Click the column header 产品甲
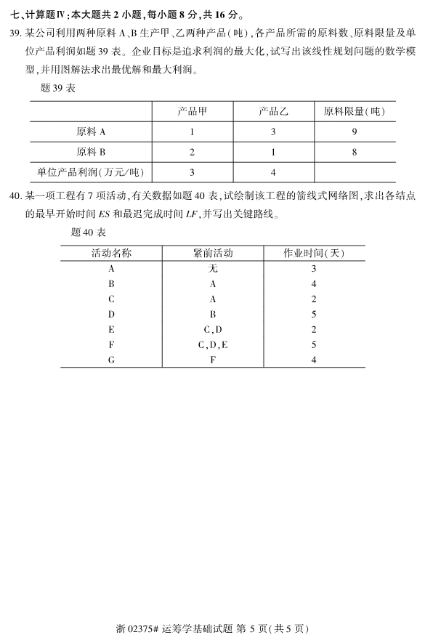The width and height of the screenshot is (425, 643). coord(192,112)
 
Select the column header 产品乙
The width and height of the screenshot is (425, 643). coord(274,112)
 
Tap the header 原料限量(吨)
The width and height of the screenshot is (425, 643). coord(355,112)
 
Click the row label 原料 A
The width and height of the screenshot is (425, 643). coord(91,132)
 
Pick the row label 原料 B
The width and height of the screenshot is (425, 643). coord(91,153)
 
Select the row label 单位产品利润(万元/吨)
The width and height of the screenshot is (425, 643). coord(91,173)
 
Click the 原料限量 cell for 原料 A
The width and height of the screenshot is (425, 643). coord(354,132)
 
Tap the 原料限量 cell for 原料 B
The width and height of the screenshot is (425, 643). coord(354,153)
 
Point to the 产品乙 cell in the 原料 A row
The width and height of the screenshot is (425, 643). coord(273,132)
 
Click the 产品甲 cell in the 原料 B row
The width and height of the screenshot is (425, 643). coord(192,153)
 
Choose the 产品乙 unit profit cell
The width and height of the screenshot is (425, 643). coord(273,173)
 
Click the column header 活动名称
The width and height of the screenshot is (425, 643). coord(111,253)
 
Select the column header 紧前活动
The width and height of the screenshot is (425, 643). coord(213,253)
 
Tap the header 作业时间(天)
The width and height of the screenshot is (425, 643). coord(314,253)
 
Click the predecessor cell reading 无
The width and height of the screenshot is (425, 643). coord(213,269)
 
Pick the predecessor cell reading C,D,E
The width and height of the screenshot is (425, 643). coord(213,344)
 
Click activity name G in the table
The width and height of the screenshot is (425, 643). coord(111,360)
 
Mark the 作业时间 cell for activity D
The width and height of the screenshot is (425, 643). coord(314,315)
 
